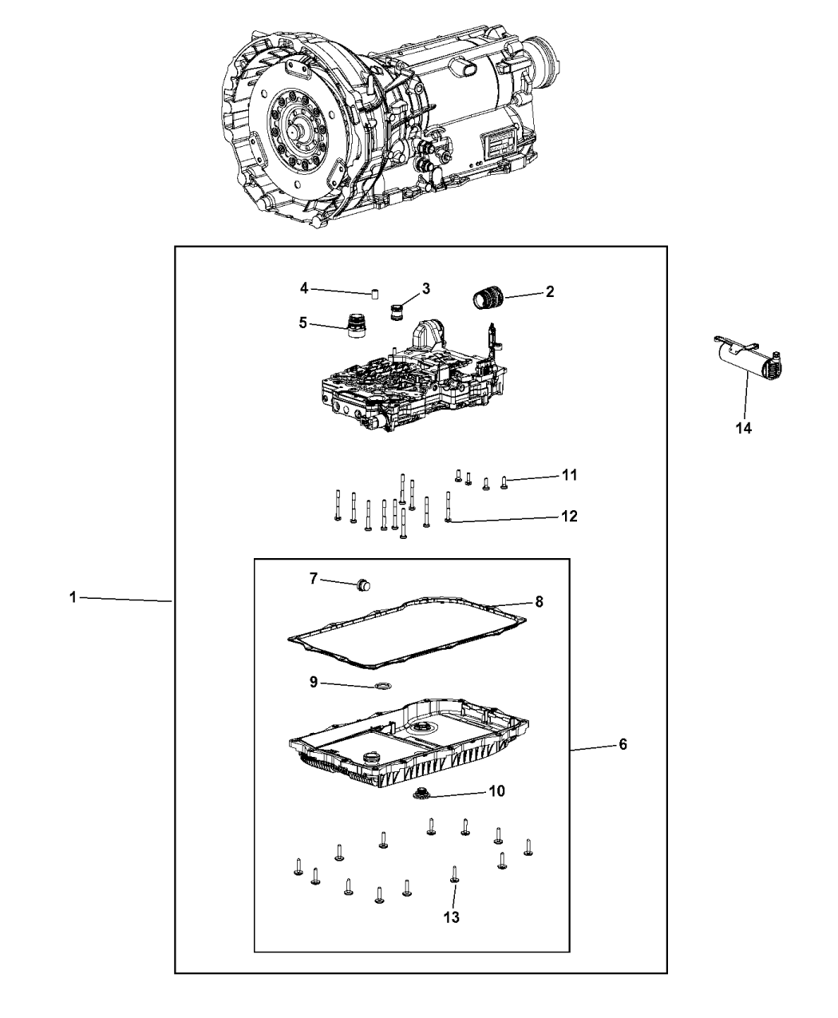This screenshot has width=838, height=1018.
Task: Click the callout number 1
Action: (72, 597)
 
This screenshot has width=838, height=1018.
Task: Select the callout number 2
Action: (549, 292)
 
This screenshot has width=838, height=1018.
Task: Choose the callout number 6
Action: (623, 744)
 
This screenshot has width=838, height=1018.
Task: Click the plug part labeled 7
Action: (365, 584)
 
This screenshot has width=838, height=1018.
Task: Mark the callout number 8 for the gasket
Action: (539, 602)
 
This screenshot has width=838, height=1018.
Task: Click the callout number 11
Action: (569, 475)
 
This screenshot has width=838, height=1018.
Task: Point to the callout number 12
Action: (569, 517)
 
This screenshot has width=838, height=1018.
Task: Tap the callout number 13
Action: (452, 917)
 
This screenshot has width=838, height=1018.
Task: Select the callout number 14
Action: (743, 428)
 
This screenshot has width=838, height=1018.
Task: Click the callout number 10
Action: (496, 791)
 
